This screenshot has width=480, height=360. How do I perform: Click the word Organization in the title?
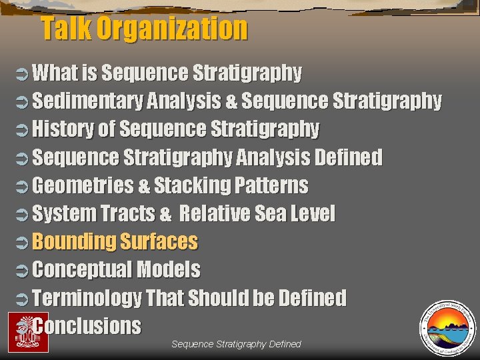pyautogui.click(x=171, y=29)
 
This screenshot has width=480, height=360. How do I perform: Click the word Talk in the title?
pyautogui.click(x=66, y=29)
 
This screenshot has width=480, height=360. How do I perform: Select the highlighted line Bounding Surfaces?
pyautogui.click(x=115, y=241)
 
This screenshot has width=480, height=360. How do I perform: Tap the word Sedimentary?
pyautogui.click(x=87, y=101)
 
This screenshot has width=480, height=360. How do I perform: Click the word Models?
pyautogui.click(x=167, y=269)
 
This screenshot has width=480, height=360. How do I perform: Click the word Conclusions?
pyautogui.click(x=87, y=326)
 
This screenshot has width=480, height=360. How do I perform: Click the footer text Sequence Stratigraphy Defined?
pyautogui.click(x=236, y=344)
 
